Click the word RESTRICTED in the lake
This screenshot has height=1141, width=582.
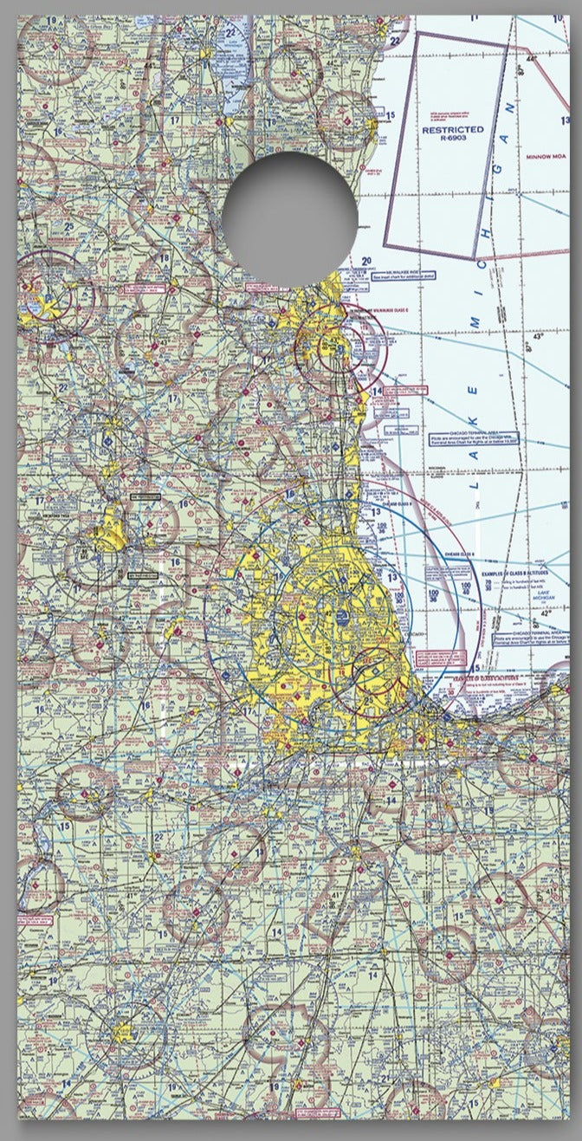coord(452,130)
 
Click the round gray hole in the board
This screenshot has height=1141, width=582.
coord(288,218)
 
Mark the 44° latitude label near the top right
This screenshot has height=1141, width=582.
coord(531,58)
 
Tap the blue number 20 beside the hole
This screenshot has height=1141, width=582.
coord(366,261)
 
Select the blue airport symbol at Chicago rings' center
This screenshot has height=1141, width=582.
coord(345,616)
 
